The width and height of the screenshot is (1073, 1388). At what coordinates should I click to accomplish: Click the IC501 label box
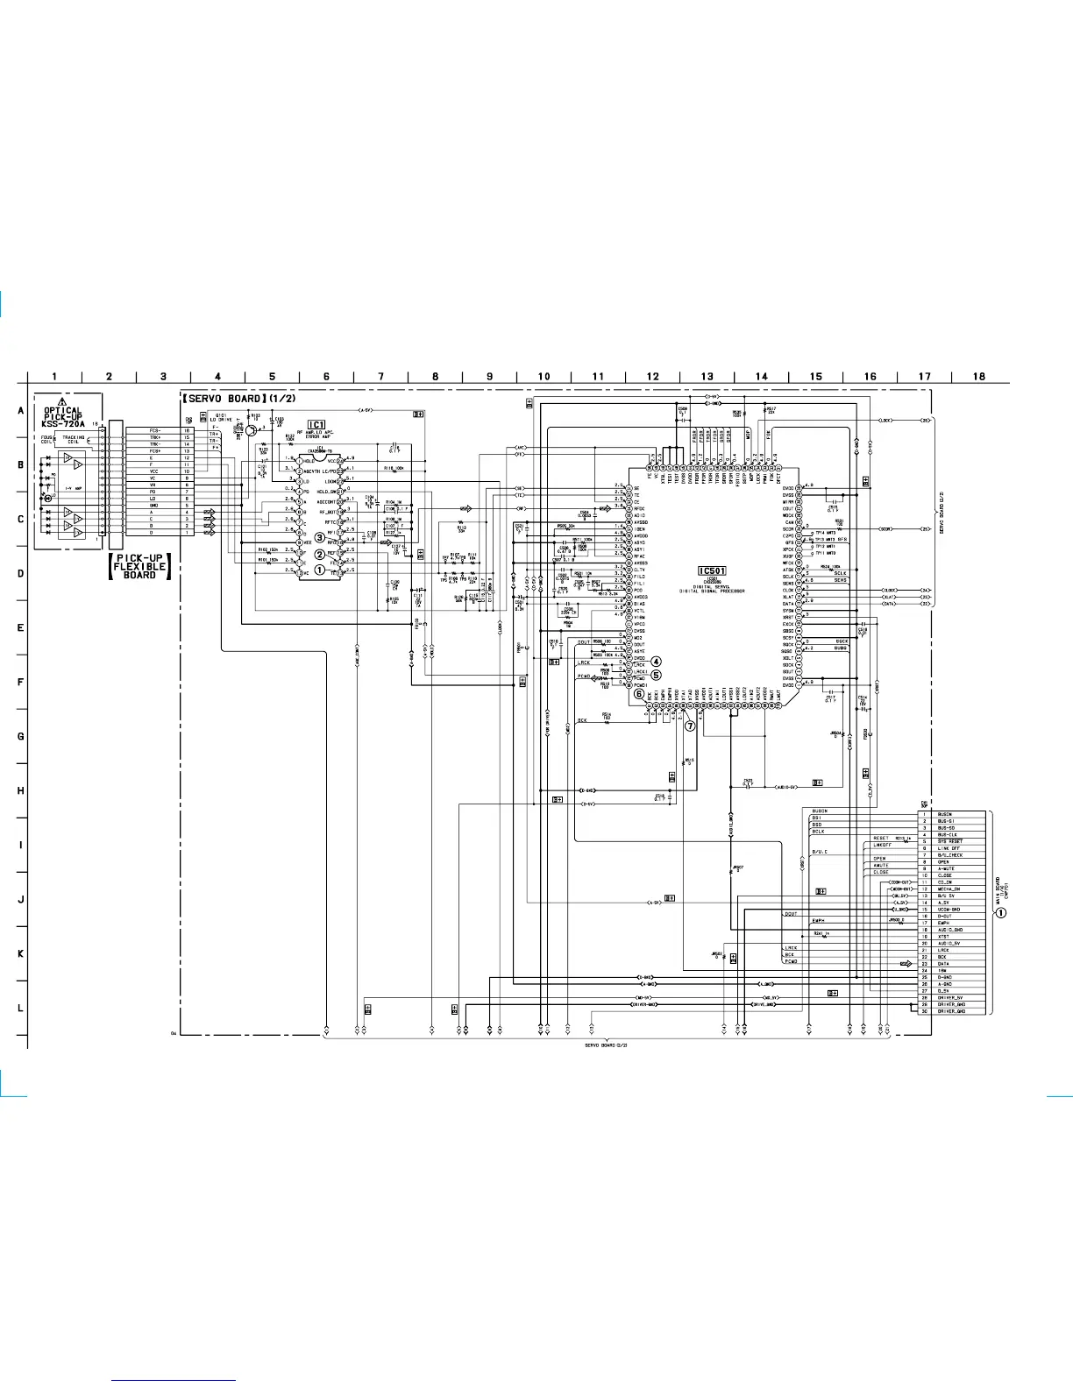(712, 570)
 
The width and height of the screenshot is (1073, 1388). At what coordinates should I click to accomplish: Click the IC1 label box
(316, 424)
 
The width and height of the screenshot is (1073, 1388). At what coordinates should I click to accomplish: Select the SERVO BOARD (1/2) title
(239, 399)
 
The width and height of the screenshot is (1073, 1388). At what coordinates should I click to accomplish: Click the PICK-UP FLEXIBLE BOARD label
(139, 566)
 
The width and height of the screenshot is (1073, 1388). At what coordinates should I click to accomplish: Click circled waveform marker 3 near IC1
(320, 537)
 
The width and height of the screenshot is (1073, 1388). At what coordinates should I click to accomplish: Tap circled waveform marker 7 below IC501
(690, 726)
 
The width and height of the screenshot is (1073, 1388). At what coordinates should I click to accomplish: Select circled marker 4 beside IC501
(656, 662)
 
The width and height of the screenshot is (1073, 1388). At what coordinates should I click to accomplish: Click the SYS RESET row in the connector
(950, 841)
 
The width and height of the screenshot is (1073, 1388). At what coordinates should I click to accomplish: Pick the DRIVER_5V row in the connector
(950, 997)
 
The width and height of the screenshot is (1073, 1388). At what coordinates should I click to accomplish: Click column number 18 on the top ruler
(978, 377)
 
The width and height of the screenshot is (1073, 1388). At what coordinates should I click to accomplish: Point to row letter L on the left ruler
(20, 1008)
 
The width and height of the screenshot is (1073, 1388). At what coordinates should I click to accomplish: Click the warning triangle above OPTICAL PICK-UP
(62, 401)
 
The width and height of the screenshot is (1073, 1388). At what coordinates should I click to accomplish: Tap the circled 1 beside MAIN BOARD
(1000, 912)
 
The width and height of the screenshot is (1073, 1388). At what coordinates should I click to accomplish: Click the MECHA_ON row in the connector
(949, 889)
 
